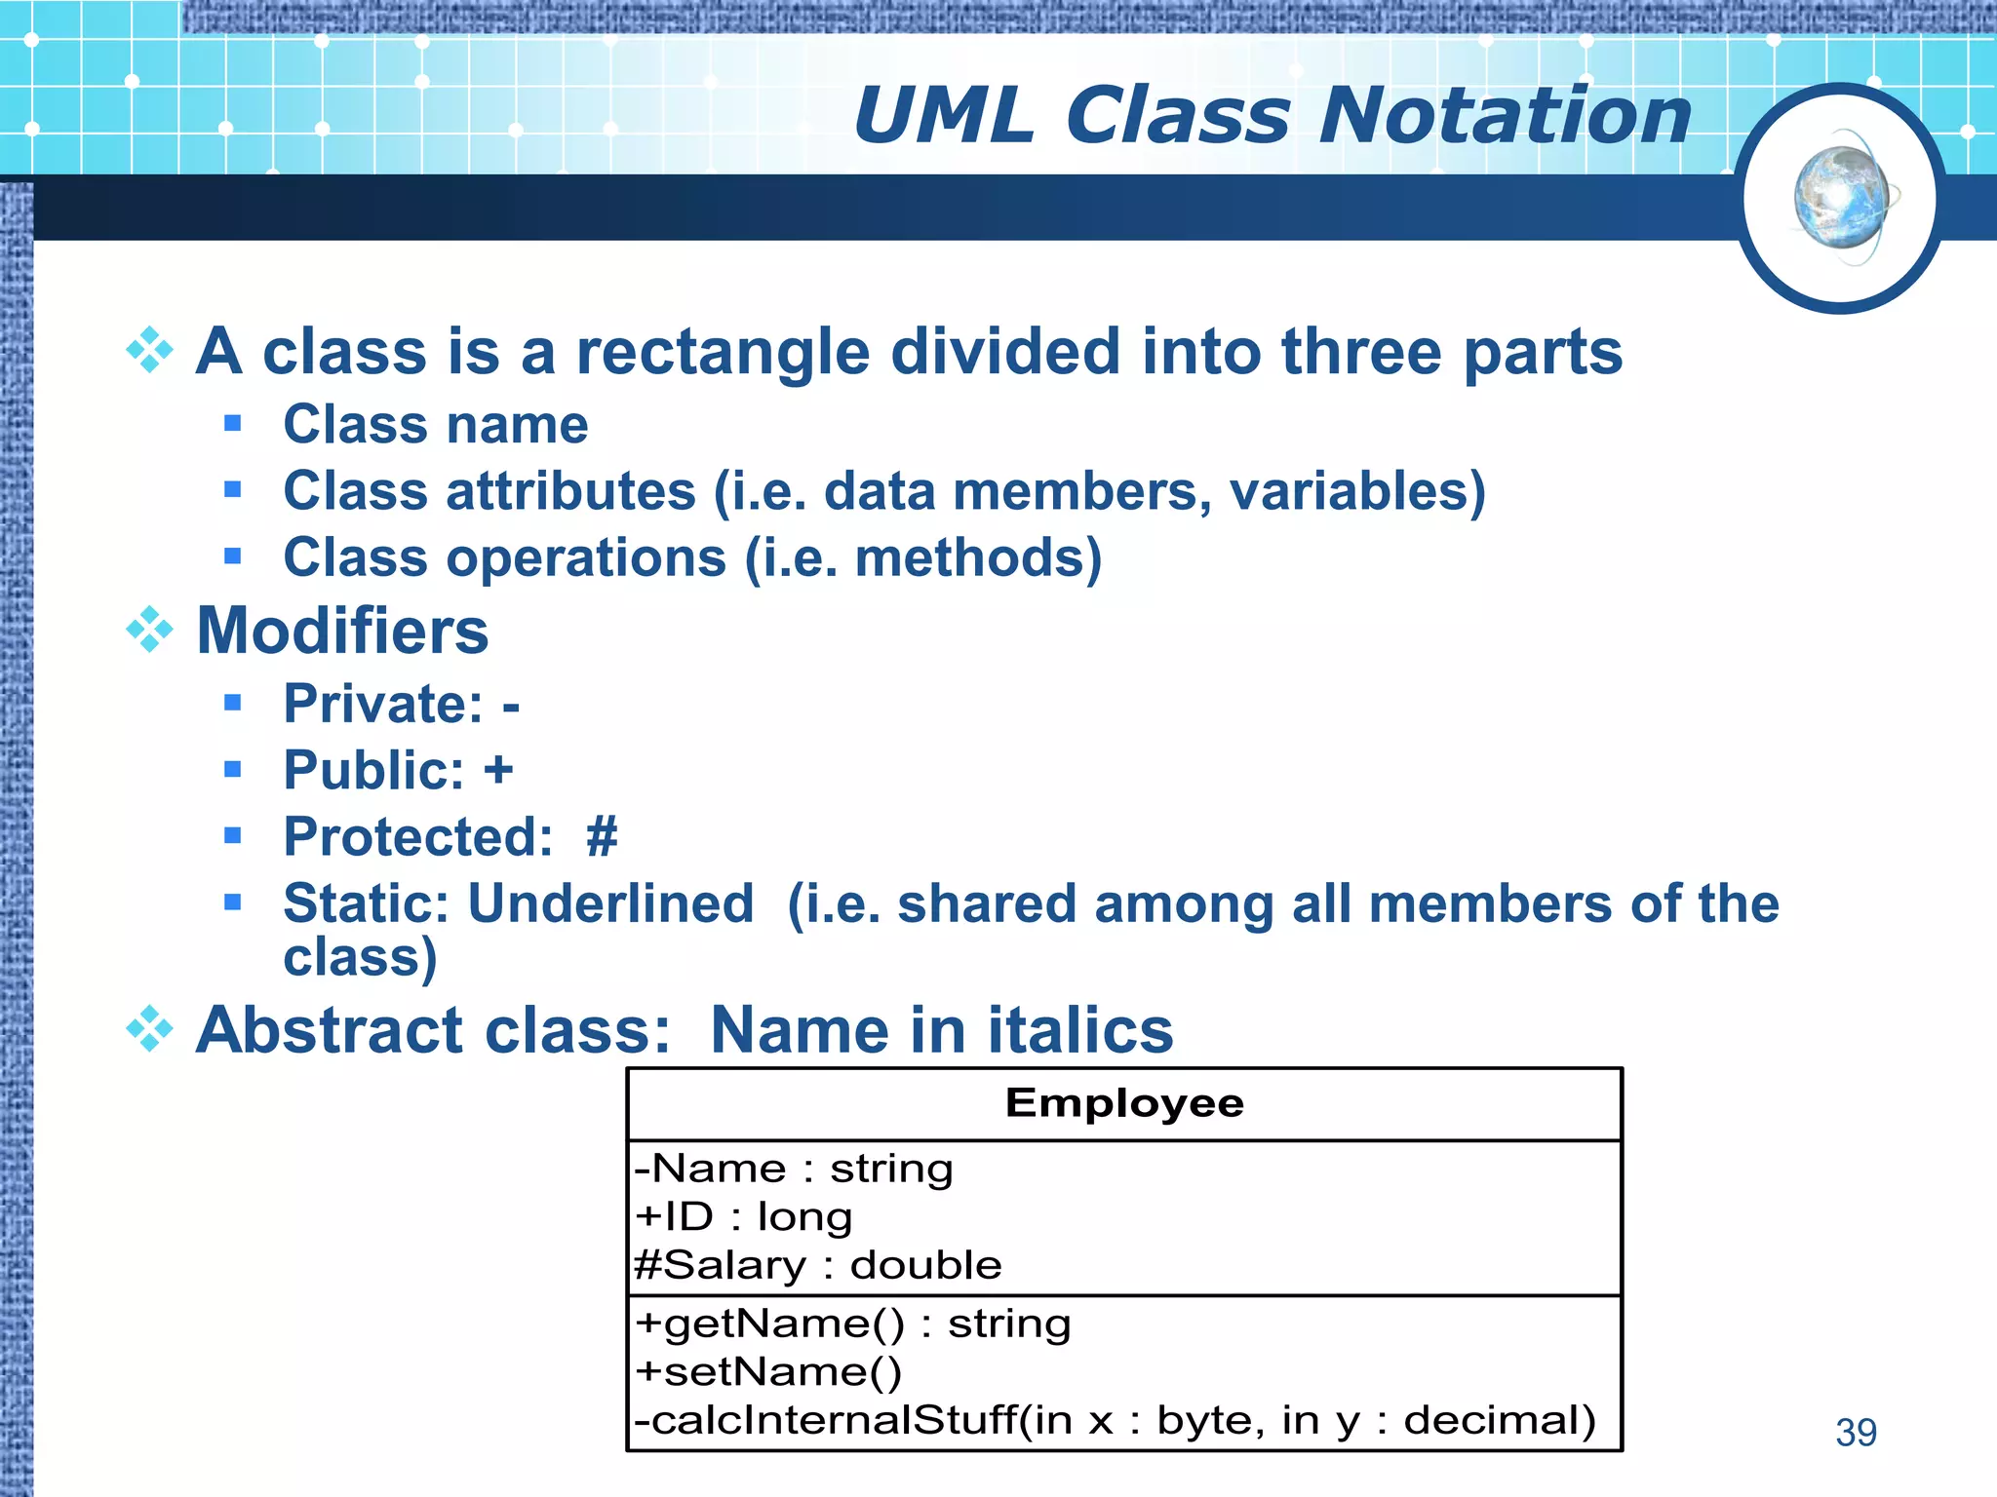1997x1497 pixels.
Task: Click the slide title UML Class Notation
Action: coord(1273,116)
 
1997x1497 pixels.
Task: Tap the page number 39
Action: coord(1856,1432)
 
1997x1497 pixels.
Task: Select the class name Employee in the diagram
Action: coord(1124,1103)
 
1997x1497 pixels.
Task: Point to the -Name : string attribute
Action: coord(793,1168)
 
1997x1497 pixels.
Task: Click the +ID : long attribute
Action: coord(743,1216)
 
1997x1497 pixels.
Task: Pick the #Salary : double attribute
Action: coord(817,1265)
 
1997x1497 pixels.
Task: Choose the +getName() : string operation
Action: coord(852,1324)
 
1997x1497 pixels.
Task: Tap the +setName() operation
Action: coord(768,1372)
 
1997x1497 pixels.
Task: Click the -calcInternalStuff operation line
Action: coord(1115,1420)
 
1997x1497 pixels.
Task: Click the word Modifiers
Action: coord(342,631)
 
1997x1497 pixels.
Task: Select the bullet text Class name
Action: coord(435,424)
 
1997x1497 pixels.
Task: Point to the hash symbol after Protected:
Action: coord(602,836)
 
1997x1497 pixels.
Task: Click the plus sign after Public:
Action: coord(498,770)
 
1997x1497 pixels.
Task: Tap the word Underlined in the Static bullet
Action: coord(611,902)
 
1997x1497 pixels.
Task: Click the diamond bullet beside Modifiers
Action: coord(149,631)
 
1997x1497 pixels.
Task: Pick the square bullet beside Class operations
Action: coord(232,557)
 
